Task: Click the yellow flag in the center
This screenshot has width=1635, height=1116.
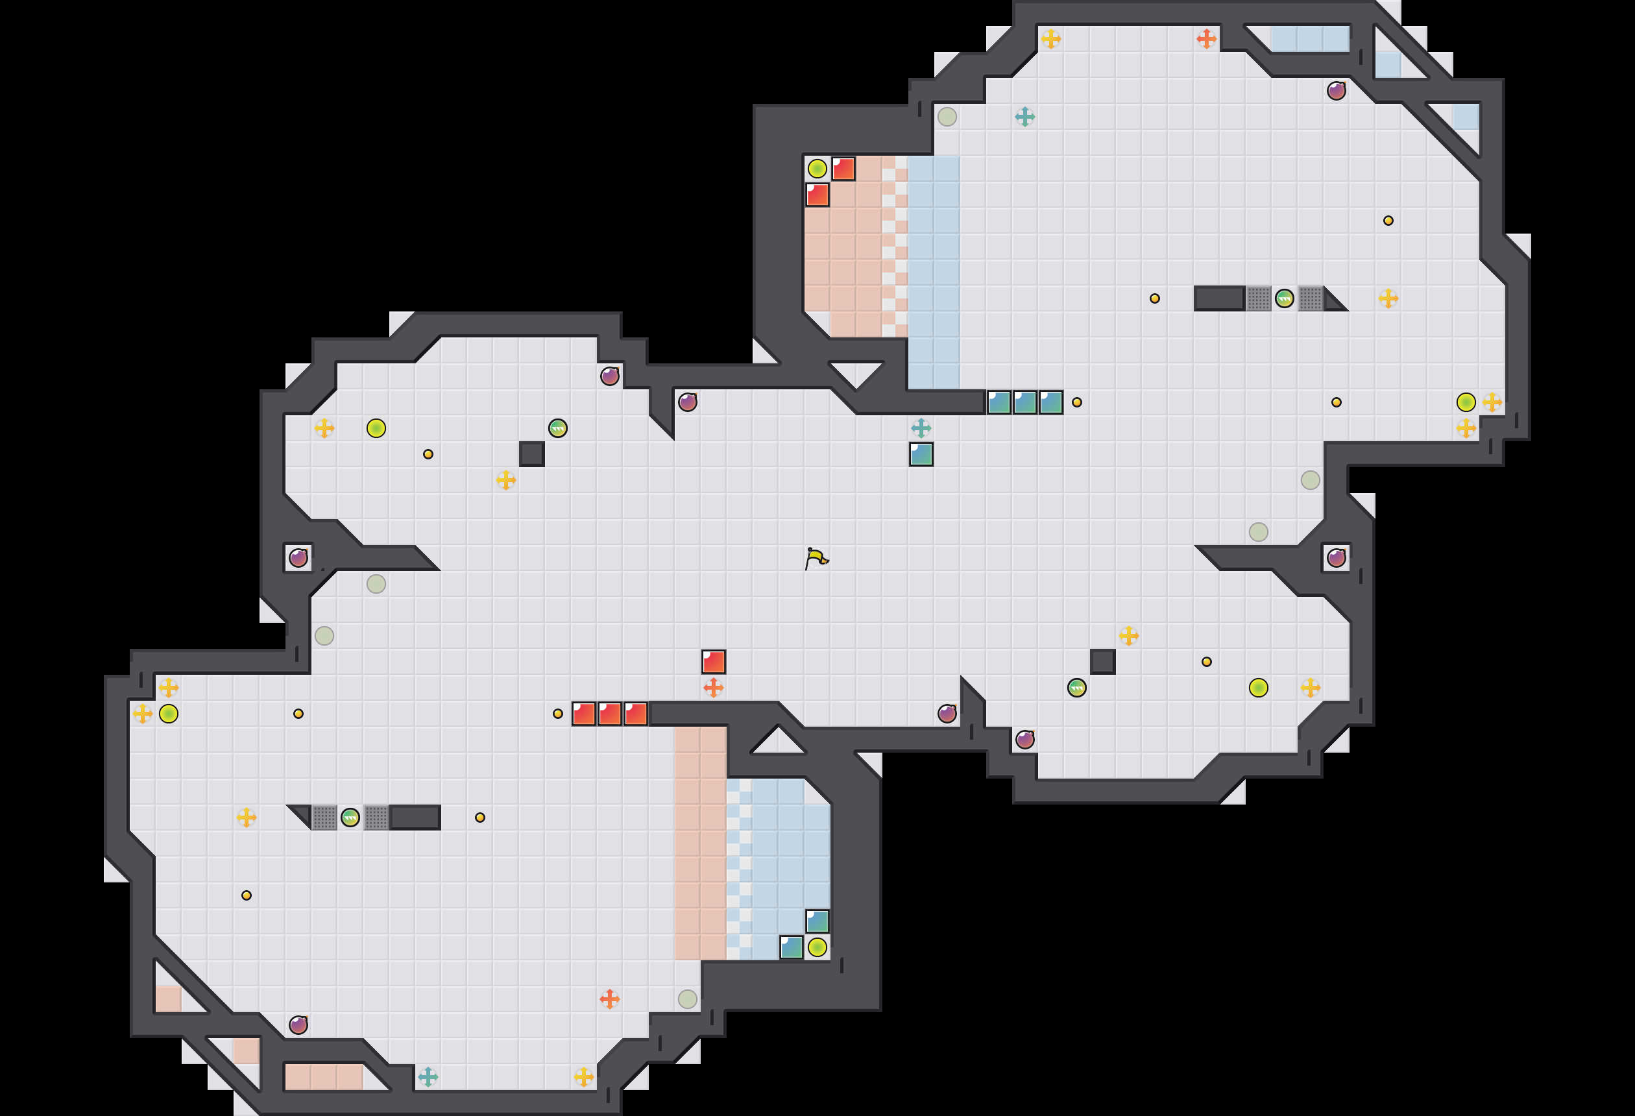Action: tap(816, 558)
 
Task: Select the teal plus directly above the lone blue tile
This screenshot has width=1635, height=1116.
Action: tap(921, 428)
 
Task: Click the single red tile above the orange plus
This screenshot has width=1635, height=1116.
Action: tap(714, 661)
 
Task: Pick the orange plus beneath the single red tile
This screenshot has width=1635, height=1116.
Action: tap(714, 688)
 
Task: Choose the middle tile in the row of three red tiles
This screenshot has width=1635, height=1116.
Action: tap(609, 714)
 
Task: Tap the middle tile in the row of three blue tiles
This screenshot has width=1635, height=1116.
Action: tap(1025, 402)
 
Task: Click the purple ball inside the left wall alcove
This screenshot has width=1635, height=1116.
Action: tap(298, 558)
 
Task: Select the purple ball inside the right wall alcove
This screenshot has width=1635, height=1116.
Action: tap(1336, 558)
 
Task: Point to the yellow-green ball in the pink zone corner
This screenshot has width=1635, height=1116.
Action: tap(817, 169)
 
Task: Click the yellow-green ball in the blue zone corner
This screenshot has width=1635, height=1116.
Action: tap(817, 947)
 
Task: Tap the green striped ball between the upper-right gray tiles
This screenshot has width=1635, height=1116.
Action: tap(1284, 298)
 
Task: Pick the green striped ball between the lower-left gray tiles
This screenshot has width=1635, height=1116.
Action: tap(350, 817)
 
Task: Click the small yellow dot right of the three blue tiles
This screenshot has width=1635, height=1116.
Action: tap(1076, 402)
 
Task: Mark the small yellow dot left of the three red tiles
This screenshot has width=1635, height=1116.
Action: tap(558, 714)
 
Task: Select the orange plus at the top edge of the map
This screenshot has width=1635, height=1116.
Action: tap(1206, 39)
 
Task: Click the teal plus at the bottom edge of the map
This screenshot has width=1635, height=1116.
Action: tap(428, 1076)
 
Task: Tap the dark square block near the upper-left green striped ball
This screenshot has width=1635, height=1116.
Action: tap(532, 454)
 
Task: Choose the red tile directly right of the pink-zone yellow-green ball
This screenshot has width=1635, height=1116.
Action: tap(843, 169)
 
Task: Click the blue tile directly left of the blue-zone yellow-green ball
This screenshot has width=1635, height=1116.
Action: tap(791, 947)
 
